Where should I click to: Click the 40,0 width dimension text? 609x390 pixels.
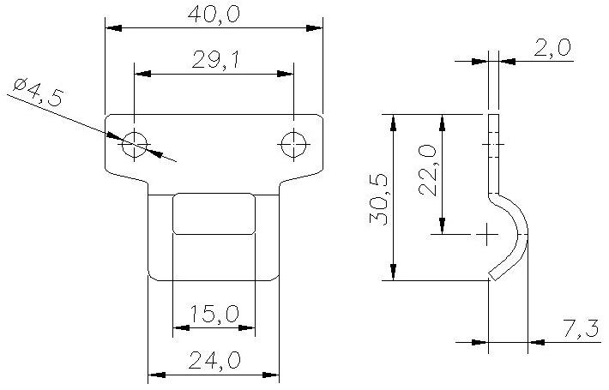coord(214,15)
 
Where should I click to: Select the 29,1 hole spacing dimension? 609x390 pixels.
coord(216,60)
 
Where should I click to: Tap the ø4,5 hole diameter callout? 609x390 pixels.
coord(37,93)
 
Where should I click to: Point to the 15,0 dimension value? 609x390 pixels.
coord(214,314)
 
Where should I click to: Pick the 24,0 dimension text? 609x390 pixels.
coord(214,360)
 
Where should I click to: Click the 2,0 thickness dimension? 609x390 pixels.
coord(552,48)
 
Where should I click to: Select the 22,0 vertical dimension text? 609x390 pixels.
coord(427,170)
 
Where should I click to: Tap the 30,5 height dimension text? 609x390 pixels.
coord(378,200)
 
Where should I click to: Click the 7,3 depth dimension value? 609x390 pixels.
coord(581,329)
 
